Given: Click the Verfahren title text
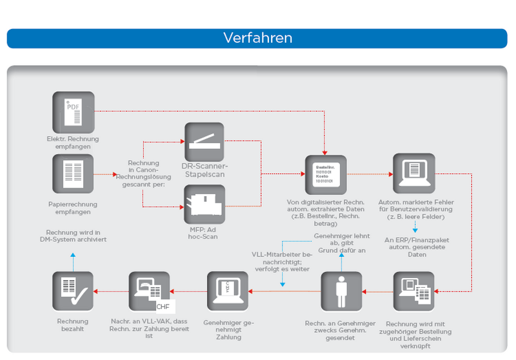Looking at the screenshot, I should [x=258, y=37].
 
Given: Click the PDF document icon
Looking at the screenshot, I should [x=74, y=112].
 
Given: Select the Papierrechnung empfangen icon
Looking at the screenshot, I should [x=74, y=174].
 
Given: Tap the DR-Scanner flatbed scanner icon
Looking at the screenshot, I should [x=205, y=143].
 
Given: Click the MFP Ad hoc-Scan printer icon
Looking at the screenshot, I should [x=205, y=205].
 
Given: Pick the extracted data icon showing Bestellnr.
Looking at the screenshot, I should [x=326, y=175].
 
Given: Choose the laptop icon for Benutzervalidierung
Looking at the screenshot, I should [x=413, y=175].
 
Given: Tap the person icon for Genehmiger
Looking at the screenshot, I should [x=342, y=292].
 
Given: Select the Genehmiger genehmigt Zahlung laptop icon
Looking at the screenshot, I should [x=228, y=292].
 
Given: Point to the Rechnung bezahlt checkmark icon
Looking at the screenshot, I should [x=74, y=292].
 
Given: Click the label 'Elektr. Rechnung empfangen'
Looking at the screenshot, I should [x=73, y=143].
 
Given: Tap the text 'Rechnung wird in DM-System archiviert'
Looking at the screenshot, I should [x=73, y=235].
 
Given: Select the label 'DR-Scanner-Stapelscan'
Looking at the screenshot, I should [x=205, y=171].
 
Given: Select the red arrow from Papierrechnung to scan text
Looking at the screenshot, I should [x=105, y=174].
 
